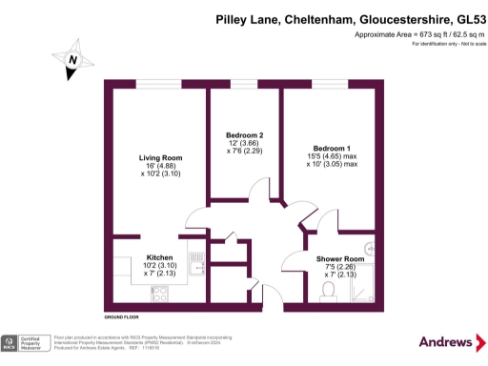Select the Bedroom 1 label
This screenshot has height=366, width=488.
coord(332,148)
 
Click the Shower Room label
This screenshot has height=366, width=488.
coord(340,259)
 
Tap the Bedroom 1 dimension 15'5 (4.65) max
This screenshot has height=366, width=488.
coord(332,156)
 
